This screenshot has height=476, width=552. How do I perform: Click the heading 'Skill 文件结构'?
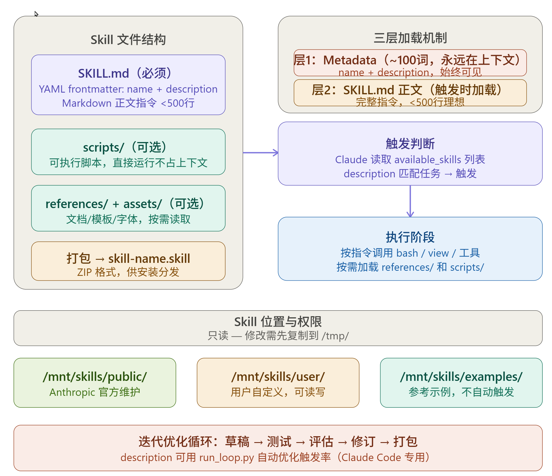128,40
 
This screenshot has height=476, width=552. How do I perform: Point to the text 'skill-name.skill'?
149,259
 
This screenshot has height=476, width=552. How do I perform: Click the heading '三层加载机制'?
410,38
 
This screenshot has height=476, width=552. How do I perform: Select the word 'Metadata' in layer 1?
350,60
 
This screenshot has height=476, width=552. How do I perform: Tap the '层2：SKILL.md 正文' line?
367,90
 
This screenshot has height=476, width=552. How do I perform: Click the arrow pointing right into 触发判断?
260,153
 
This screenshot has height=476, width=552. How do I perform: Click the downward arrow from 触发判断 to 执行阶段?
410,201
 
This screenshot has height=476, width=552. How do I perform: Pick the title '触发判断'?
410,144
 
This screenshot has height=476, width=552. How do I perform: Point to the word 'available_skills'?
428,160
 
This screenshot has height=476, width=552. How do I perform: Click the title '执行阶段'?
410,237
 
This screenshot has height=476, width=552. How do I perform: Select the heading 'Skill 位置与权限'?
278,322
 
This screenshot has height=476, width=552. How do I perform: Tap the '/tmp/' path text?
335,336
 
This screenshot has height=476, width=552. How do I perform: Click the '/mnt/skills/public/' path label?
95,377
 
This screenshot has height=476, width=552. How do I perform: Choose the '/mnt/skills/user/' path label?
278,377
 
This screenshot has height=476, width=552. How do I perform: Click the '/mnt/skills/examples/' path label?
461,377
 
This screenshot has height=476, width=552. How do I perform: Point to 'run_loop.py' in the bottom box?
227,458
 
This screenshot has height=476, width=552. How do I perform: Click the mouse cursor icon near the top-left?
36,14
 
